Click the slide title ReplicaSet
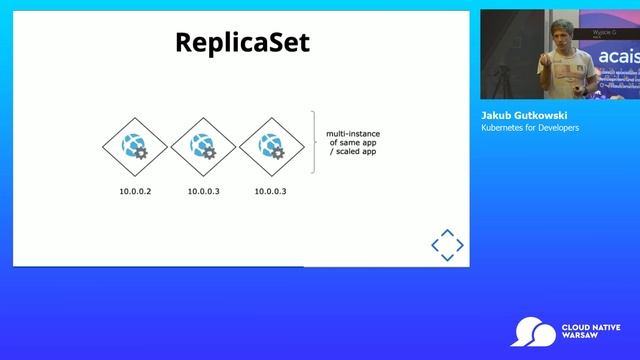point(242,43)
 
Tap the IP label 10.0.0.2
point(135,190)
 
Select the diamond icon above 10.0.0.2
point(134,147)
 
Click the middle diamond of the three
point(202,147)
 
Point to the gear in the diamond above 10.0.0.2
point(141,154)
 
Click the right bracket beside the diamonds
point(314,142)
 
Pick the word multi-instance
point(352,133)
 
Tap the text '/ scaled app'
point(352,153)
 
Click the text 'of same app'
point(352,143)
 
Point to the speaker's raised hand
point(544,62)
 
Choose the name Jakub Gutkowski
point(524,116)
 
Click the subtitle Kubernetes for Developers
point(530,128)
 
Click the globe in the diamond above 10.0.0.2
point(130,144)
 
